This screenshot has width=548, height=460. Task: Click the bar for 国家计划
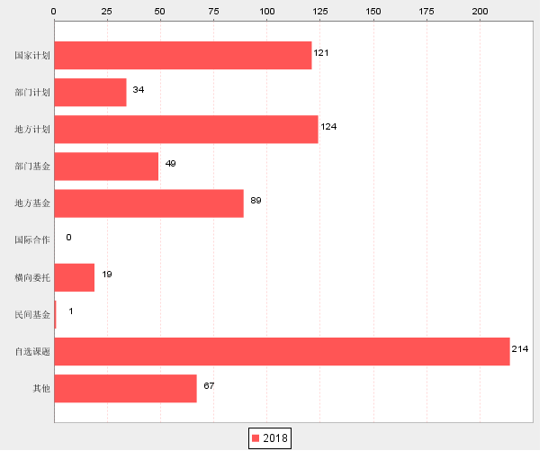pyautogui.click(x=183, y=55)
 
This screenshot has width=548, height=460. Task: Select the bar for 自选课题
pyautogui.click(x=282, y=351)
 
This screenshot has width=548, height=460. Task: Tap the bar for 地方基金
pyautogui.click(x=148, y=203)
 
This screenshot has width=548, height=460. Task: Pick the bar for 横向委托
pyautogui.click(x=74, y=277)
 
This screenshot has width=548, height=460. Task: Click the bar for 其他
pyautogui.click(x=125, y=388)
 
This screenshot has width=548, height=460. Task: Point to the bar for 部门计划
pyautogui.click(x=90, y=92)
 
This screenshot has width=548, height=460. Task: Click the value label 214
pyautogui.click(x=520, y=348)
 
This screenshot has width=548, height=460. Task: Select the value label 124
pyautogui.click(x=328, y=127)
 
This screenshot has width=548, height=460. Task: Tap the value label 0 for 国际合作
pyautogui.click(x=68, y=238)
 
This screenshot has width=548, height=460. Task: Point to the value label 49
pyautogui.click(x=170, y=164)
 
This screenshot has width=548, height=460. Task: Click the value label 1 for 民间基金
pyautogui.click(x=71, y=311)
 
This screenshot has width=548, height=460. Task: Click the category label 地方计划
pyautogui.click(x=32, y=130)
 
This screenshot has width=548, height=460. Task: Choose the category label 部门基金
pyautogui.click(x=32, y=167)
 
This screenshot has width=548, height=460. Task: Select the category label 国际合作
pyautogui.click(x=32, y=240)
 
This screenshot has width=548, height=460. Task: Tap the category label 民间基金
pyautogui.click(x=32, y=315)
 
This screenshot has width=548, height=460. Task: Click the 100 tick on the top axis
pyautogui.click(x=267, y=11)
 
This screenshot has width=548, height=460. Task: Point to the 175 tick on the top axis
pyautogui.click(x=427, y=11)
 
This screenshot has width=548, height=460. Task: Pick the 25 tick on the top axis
pyautogui.click(x=107, y=11)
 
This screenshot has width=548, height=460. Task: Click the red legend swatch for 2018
pyautogui.click(x=256, y=438)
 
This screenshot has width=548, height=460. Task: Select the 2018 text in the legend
pyautogui.click(x=275, y=438)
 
